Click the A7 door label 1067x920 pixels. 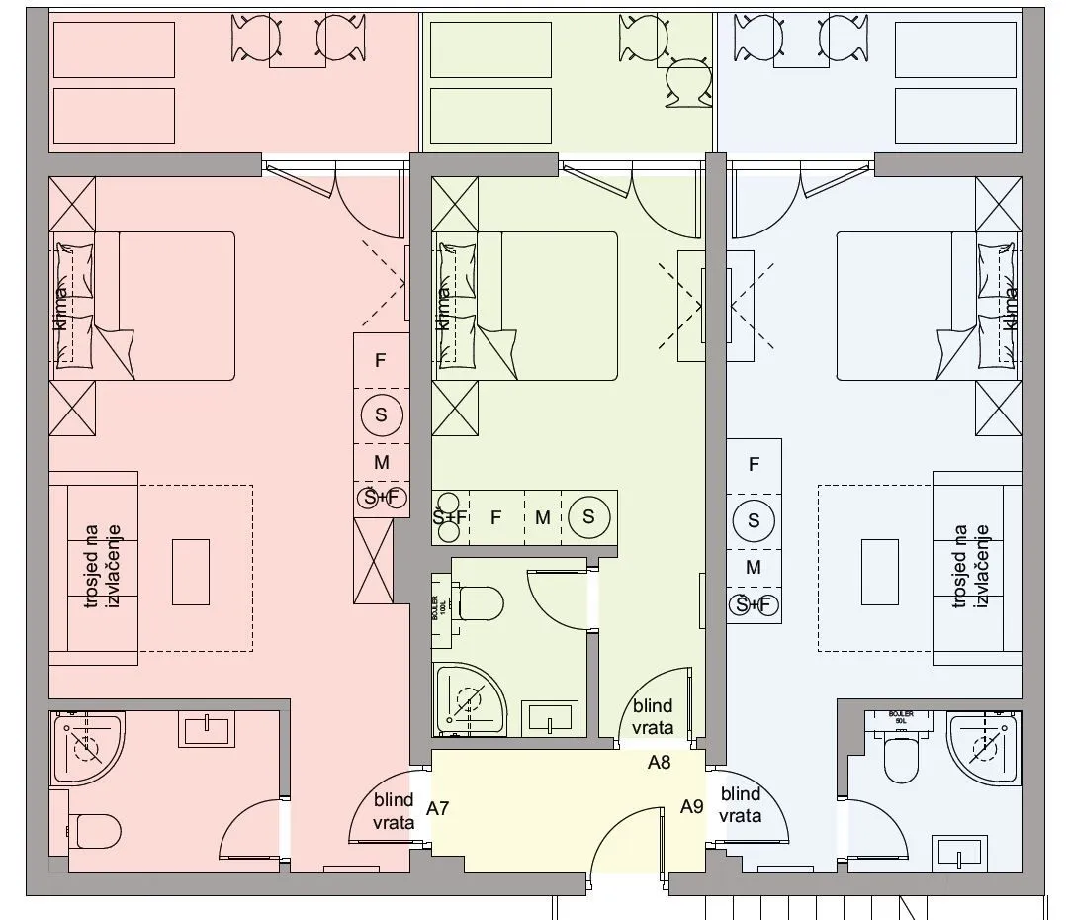(438, 809)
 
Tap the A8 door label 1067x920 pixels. (660, 763)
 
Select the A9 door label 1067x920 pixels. (692, 807)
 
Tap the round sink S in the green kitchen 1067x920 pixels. (588, 516)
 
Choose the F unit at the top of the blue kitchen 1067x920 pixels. (755, 464)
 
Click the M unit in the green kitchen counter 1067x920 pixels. (542, 516)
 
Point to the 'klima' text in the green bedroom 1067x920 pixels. (443, 308)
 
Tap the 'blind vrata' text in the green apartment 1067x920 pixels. (653, 717)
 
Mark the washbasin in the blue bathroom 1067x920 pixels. (959, 852)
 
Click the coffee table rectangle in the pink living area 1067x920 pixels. (191, 571)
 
